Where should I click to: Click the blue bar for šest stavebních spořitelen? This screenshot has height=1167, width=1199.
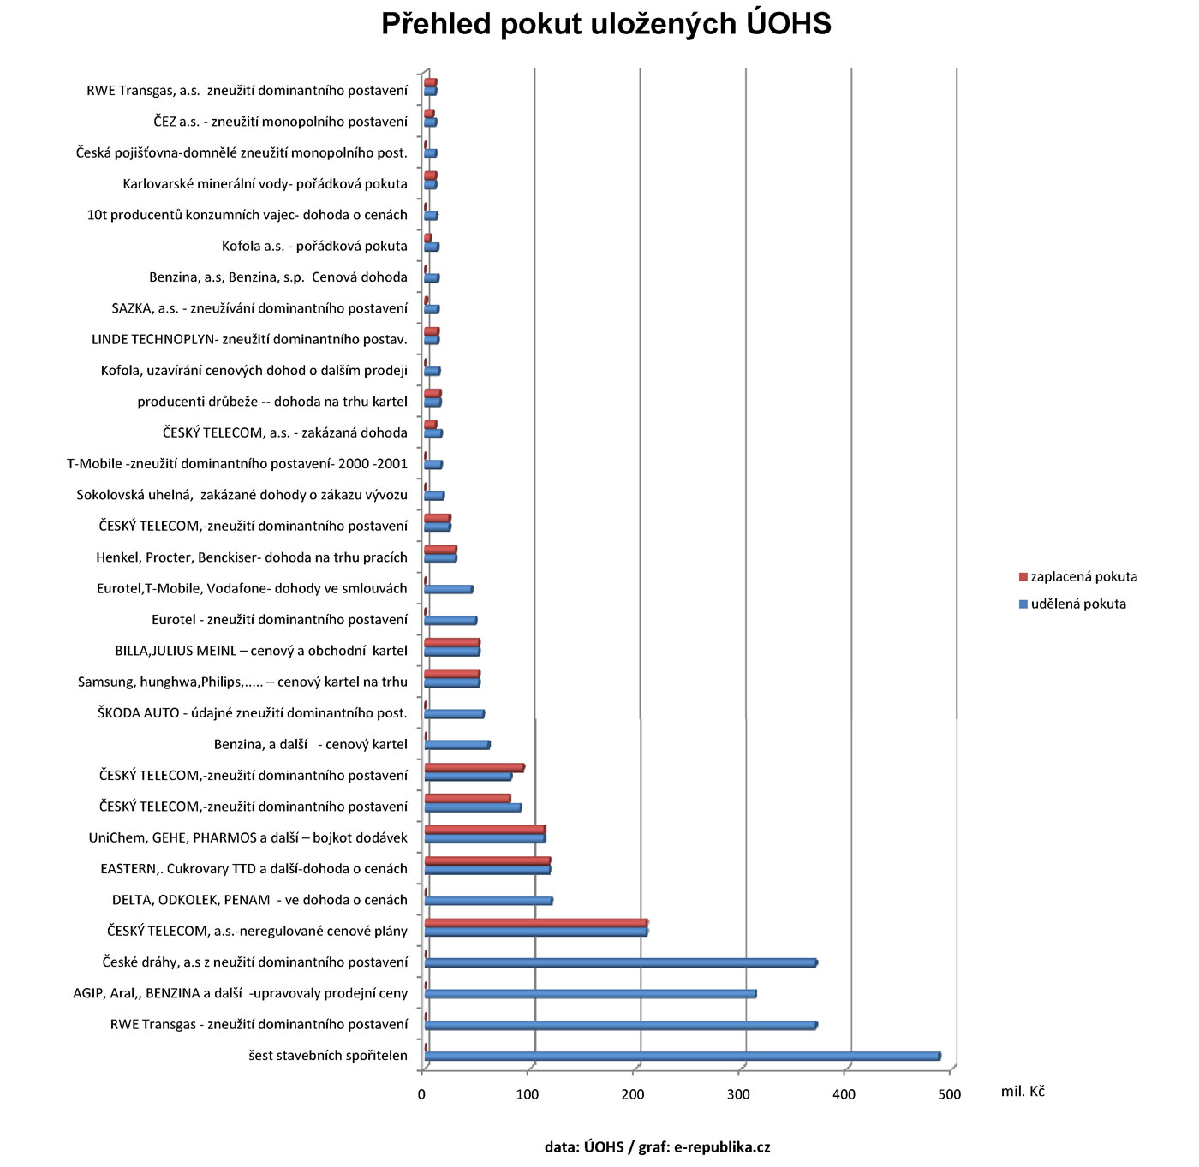[682, 1057]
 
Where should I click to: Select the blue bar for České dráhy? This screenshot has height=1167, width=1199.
[620, 963]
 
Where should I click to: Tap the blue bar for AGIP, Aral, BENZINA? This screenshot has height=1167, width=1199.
[590, 994]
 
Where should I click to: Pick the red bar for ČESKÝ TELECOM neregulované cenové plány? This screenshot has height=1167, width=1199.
[535, 923]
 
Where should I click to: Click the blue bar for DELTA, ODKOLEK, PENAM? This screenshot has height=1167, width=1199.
[488, 901]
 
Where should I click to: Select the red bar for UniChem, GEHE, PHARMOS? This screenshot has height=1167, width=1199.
[485, 830]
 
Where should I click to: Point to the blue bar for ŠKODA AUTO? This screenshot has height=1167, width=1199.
[454, 714]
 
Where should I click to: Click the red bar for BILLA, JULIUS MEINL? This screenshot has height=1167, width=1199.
[452, 642]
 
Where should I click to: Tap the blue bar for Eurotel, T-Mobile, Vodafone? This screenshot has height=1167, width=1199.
[448, 589]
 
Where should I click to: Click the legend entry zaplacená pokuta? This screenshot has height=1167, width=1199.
[1083, 577]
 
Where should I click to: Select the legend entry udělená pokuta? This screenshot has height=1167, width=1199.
[1077, 604]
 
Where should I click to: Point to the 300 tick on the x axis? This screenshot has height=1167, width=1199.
[738, 1094]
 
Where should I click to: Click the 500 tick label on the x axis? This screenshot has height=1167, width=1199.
[949, 1094]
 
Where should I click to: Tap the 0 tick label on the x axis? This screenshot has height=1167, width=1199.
[421, 1094]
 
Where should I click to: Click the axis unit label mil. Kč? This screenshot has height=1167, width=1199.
[1023, 1092]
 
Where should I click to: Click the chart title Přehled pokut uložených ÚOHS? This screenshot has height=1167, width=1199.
[606, 24]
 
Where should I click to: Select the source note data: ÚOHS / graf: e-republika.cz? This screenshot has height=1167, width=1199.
[657, 1147]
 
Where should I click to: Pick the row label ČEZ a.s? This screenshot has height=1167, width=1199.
[280, 122]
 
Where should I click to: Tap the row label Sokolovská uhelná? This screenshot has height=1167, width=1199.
[242, 495]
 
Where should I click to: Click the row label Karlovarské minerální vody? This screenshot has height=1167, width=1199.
[265, 184]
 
